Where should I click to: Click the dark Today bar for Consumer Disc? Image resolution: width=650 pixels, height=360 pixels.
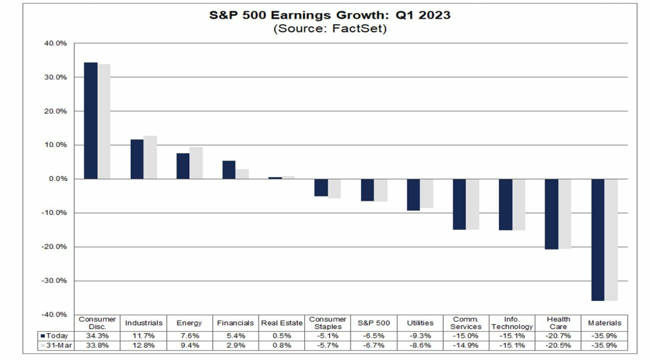(x=91, y=121)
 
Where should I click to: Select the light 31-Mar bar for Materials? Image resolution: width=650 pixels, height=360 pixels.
(x=611, y=239)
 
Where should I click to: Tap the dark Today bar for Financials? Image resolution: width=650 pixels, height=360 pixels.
(x=228, y=170)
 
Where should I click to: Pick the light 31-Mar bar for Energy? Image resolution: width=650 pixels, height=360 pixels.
(x=196, y=163)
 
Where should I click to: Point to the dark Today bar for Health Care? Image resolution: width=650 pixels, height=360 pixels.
(x=551, y=214)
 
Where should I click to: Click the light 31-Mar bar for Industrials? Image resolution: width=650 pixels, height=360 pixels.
(x=150, y=157)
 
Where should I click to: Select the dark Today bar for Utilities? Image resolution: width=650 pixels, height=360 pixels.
(x=413, y=194)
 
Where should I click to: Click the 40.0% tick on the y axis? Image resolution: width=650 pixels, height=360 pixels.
(x=56, y=43)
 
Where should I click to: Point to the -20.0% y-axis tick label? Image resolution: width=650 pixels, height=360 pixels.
(x=55, y=247)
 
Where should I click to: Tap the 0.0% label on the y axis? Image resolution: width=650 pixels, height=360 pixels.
(x=58, y=179)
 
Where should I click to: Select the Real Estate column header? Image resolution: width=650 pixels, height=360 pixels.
(x=282, y=323)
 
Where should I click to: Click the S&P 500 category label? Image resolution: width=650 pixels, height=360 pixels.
(x=374, y=323)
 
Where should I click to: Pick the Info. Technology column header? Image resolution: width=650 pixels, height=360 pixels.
(x=512, y=323)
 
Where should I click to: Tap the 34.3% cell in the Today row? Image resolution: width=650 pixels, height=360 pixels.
(x=97, y=336)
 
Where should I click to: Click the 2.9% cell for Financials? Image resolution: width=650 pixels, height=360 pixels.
(x=235, y=345)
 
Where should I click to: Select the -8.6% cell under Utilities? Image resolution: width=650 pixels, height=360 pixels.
(x=420, y=345)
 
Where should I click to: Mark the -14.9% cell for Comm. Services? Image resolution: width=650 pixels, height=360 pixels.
(x=466, y=345)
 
